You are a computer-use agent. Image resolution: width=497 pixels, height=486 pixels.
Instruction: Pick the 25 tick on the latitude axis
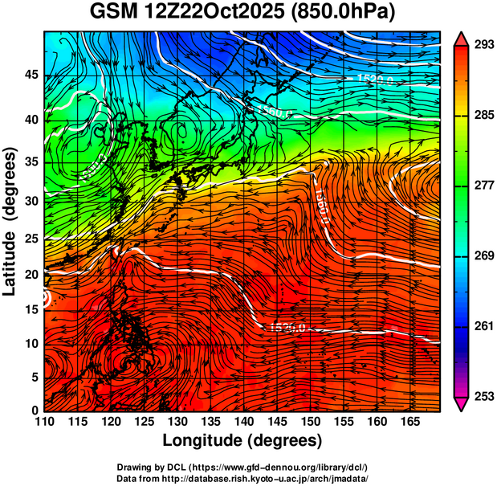tap(31, 239)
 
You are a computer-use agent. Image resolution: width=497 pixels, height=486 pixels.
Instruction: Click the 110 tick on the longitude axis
tap(45, 422)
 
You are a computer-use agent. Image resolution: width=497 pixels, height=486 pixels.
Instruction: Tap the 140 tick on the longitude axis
tap(243, 422)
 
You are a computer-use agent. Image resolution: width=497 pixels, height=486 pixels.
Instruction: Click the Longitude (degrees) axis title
tap(242, 440)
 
